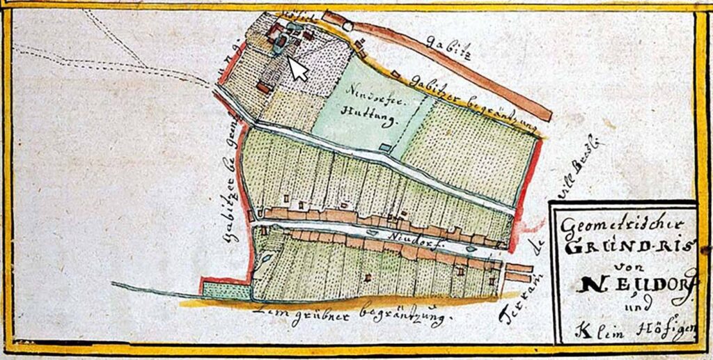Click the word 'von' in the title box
click(620, 265)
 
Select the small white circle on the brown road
click(347, 26)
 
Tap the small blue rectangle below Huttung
click(386, 146)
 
